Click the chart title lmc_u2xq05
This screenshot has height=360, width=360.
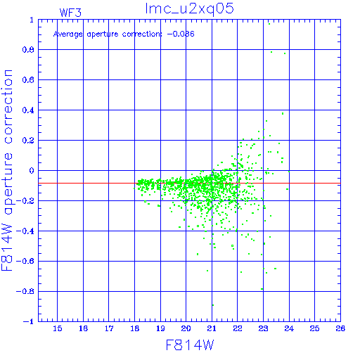click(190, 9)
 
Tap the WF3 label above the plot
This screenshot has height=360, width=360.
click(70, 13)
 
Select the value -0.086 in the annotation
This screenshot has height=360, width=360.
click(181, 34)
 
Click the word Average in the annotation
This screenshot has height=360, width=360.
click(68, 34)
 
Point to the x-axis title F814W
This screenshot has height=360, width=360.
click(190, 345)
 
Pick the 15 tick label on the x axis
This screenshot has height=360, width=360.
click(58, 328)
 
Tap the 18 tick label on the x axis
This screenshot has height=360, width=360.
click(135, 328)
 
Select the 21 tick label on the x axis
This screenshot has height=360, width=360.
click(212, 328)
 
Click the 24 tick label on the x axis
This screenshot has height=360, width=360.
click(289, 328)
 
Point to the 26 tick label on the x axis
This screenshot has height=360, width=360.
click(340, 328)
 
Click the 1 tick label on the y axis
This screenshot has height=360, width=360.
click(32, 20)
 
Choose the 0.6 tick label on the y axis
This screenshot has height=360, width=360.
click(28, 80)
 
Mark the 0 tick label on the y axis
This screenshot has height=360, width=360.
click(32, 171)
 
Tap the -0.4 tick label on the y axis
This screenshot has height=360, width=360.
click(25, 231)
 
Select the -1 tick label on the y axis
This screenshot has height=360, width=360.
click(28, 321)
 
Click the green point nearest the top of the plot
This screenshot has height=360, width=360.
click(269, 24)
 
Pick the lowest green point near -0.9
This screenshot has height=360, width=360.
click(213, 305)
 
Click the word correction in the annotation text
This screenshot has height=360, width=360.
click(142, 34)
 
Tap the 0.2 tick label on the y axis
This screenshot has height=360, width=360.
click(28, 141)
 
